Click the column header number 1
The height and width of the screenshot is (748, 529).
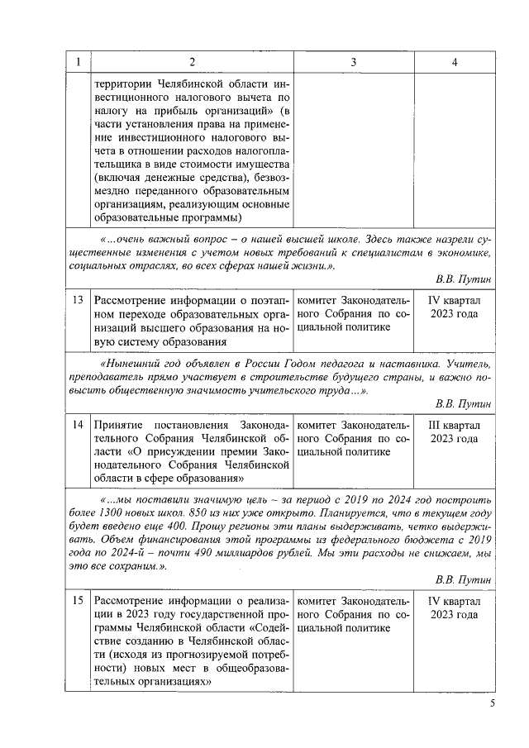(78, 62)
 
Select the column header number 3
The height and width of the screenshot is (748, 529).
(353, 62)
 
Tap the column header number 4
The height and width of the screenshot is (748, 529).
(454, 62)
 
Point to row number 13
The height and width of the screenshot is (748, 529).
(78, 300)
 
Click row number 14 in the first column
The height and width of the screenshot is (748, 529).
(78, 424)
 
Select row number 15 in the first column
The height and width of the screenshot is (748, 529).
(78, 601)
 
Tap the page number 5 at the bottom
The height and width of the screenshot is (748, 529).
(492, 703)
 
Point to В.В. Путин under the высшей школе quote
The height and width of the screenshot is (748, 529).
(464, 280)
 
